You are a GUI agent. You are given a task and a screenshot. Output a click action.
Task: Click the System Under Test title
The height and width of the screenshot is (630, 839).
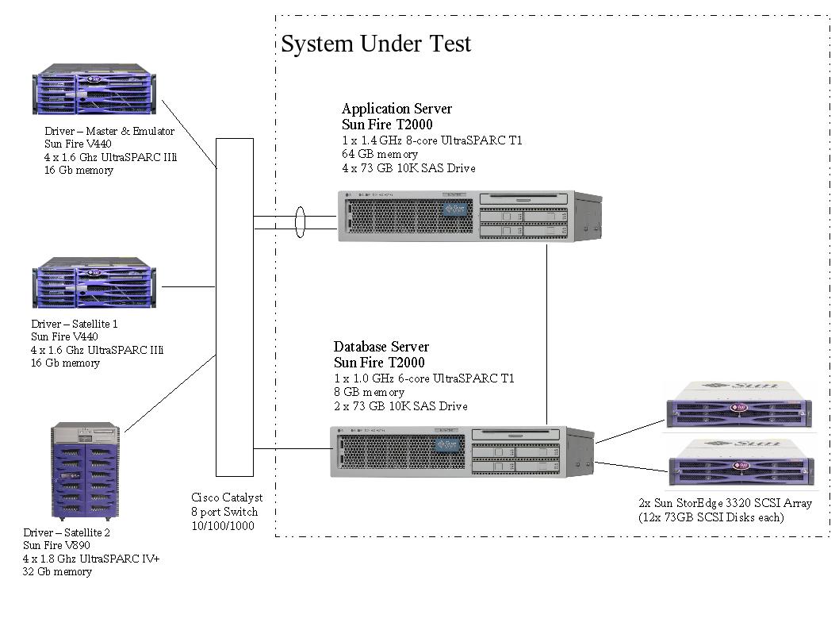click(376, 44)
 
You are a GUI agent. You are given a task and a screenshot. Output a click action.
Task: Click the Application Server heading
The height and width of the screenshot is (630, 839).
click(397, 109)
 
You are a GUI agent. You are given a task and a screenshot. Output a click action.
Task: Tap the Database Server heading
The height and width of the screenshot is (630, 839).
click(381, 347)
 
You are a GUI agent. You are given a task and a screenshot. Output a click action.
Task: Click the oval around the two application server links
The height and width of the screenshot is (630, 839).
click(300, 221)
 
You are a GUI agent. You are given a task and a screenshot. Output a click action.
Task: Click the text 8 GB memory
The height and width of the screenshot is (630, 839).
click(369, 392)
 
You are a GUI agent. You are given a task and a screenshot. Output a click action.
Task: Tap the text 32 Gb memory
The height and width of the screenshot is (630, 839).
click(57, 571)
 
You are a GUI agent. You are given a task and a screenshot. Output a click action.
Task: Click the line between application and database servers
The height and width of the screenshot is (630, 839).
click(547, 333)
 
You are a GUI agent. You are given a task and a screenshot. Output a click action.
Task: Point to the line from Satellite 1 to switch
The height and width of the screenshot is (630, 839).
click(188, 286)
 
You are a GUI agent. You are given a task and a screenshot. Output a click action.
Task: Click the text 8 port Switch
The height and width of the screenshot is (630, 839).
click(224, 512)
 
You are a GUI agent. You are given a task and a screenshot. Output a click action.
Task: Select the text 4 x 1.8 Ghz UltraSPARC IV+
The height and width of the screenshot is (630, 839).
click(91, 559)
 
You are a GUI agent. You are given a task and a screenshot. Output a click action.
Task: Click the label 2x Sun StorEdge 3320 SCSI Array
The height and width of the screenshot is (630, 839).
click(725, 503)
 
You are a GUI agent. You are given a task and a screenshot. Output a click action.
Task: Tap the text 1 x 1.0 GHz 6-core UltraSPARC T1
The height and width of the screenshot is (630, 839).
click(423, 378)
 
